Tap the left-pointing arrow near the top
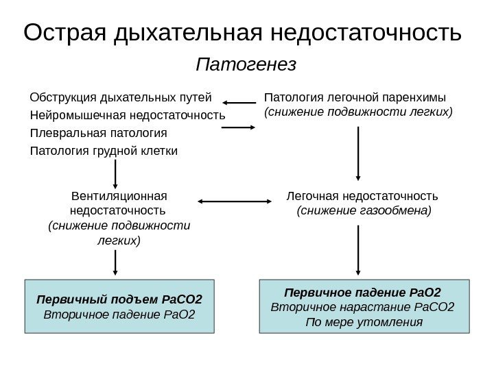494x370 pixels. click(240, 103)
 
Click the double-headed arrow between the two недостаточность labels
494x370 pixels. click(235, 201)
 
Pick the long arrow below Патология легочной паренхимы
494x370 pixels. click(357, 155)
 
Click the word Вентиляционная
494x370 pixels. click(119, 195)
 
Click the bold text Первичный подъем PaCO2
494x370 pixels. click(119, 300)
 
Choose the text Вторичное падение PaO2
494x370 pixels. click(119, 315)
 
